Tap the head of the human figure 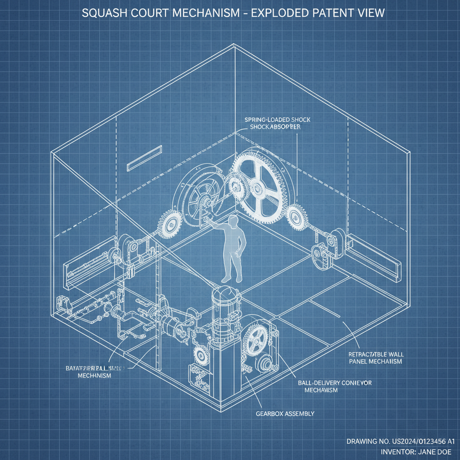coord(233,221)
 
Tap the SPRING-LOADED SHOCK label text coord(278,120)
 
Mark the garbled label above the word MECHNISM coord(92,368)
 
